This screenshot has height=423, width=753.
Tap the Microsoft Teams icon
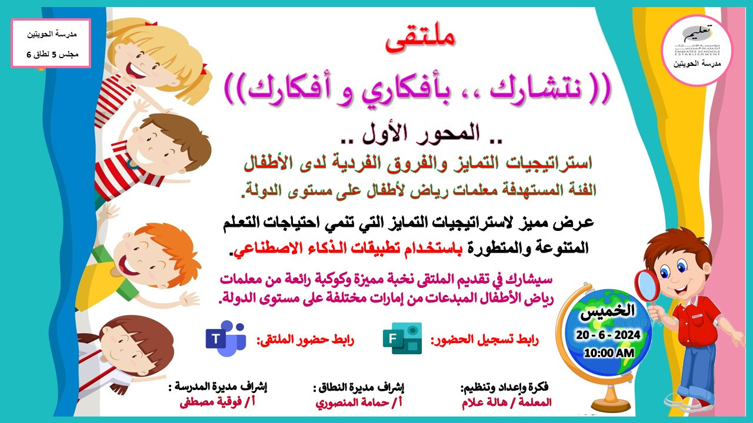coord(226,338)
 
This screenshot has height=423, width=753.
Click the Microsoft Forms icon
coord(402,338)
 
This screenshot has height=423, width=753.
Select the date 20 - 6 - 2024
coord(608,335)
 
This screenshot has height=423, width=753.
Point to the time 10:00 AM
coord(609,353)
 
